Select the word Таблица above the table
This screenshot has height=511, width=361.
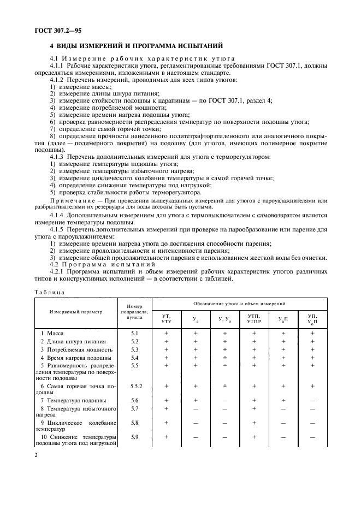click(x=49, y=292)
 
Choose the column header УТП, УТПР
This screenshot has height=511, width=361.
click(x=253, y=318)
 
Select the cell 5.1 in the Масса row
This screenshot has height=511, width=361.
click(x=134, y=332)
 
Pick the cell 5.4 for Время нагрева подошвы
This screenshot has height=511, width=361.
click(x=134, y=358)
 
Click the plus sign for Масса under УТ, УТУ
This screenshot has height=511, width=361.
click(x=167, y=332)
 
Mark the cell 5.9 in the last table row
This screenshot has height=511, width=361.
click(x=134, y=437)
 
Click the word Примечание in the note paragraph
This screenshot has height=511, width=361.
click(x=67, y=200)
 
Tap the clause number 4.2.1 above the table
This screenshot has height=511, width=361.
click(x=57, y=271)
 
